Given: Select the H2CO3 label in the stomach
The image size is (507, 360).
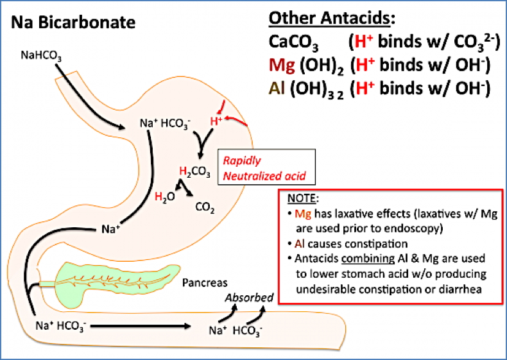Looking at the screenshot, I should [x=197, y=171].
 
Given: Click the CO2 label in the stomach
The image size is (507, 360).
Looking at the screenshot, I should [x=205, y=208].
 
